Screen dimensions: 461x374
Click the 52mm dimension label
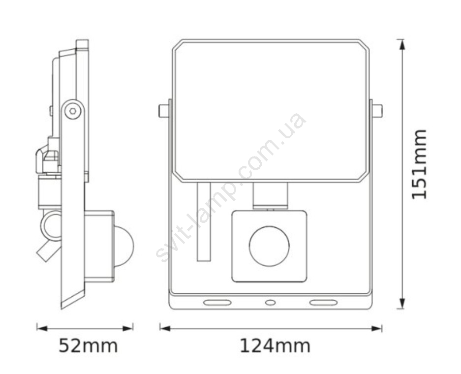pos(88,346)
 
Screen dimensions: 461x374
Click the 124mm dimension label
pos(275,346)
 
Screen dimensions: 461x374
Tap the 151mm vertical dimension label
pos(419,164)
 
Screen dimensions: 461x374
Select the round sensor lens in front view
pos(269,247)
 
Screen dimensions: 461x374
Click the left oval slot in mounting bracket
pos(217,302)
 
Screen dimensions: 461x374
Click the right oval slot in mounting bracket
pos(323,302)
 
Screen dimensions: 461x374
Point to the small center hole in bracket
pos(270,302)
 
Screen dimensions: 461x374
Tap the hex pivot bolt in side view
pos(73,111)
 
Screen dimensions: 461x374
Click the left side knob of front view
pos(164,111)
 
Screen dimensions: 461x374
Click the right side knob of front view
pos(377,111)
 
